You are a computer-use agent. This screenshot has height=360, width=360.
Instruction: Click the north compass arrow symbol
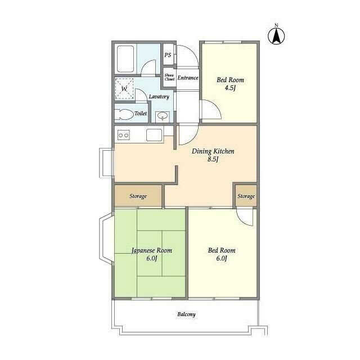pos(276,36)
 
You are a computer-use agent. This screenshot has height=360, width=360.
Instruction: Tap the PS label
pos(168,55)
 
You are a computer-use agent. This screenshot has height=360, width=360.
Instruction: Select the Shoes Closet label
pos(169,77)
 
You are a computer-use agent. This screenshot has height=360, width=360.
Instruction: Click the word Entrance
pos(188,78)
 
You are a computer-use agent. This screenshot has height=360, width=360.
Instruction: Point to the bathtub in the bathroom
pos(125,58)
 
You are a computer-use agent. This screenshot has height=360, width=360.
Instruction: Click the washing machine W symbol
pos(124,89)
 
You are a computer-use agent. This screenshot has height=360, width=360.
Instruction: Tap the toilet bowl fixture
pos(124,114)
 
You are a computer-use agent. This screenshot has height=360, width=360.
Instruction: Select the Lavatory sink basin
pos(163,116)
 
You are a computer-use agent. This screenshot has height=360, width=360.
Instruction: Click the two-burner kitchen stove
pos(124,135)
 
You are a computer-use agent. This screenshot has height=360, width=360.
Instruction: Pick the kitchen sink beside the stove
pos(154,135)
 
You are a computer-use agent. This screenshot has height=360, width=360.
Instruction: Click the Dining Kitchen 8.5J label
pos(213,155)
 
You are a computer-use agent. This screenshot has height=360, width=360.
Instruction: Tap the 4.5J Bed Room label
pos(230,84)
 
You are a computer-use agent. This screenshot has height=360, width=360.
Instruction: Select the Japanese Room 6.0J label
pos(152,254)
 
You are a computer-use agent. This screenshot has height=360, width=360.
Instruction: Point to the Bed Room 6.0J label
pos(222,254)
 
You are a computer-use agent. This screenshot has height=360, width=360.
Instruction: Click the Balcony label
pos(186,314)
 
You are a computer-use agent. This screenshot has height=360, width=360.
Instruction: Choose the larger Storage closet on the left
pos(138,196)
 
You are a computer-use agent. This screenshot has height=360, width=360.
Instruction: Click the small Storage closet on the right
pos(246,196)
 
